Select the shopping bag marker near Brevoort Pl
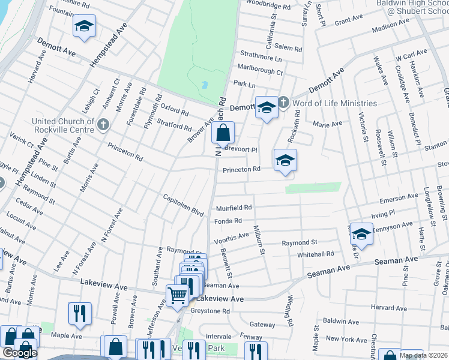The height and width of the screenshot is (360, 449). (223, 133)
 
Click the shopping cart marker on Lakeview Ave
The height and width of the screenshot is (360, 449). (177, 295)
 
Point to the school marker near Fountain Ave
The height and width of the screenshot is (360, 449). (84, 26)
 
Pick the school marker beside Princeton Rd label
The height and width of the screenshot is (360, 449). (285, 160)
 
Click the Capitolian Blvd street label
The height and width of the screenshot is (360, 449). (184, 205)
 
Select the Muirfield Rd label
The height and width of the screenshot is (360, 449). (234, 208)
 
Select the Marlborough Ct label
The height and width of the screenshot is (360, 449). (260, 71)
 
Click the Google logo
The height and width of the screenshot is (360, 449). (19, 353)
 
